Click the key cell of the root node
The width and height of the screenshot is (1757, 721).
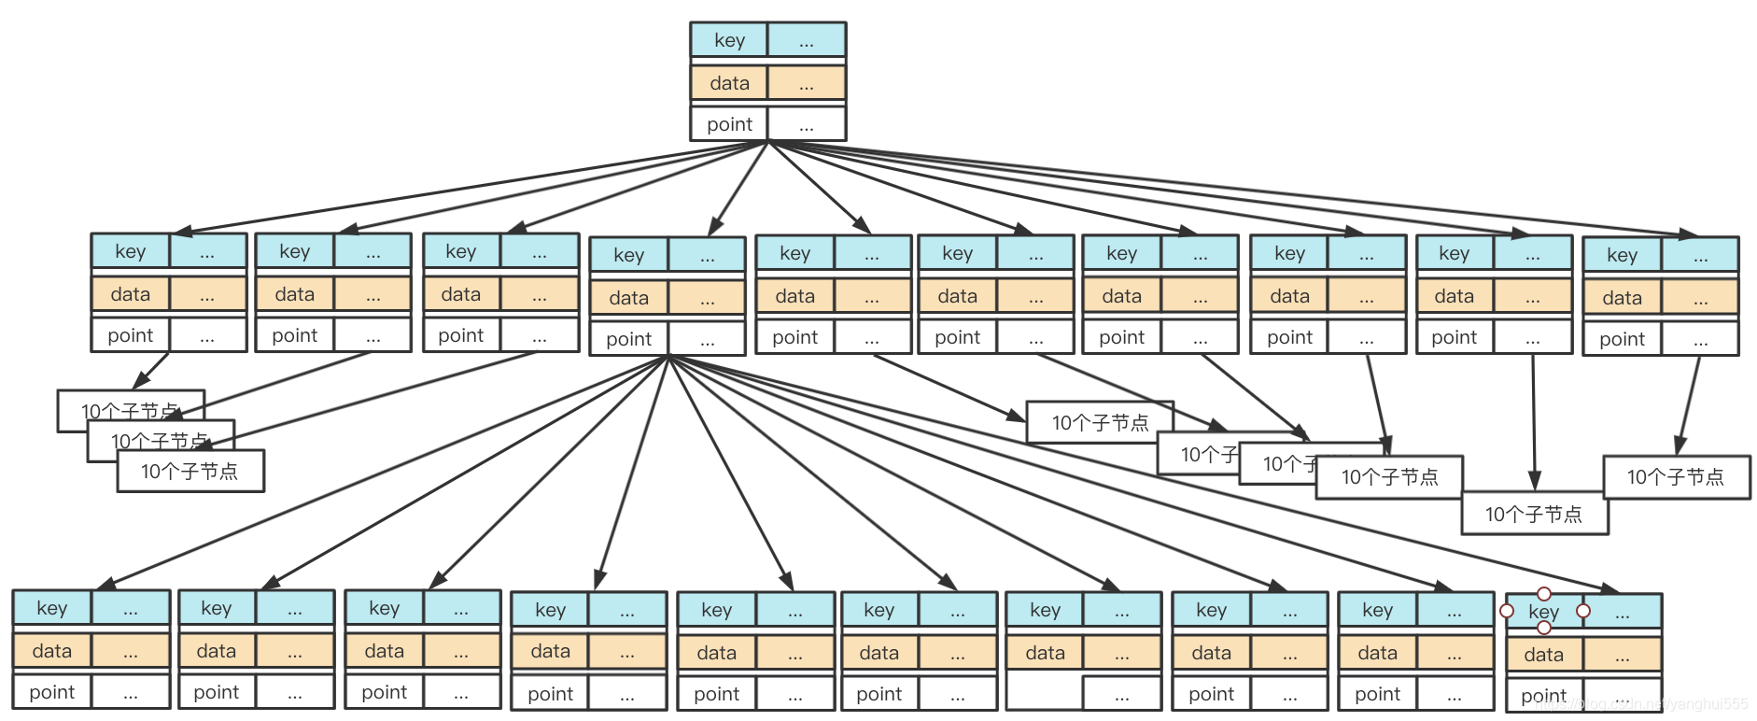729,40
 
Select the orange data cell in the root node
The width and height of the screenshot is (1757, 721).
729,83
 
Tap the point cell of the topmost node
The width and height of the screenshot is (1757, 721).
729,124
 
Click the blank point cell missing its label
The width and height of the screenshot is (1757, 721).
1045,694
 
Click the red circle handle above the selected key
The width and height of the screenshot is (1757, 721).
1544,594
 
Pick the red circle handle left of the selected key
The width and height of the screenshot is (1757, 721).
1507,611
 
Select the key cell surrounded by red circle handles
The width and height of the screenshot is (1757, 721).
1544,612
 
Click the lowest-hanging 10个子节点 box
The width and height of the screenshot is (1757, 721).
1534,515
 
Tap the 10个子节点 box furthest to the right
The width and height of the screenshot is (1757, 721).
1676,477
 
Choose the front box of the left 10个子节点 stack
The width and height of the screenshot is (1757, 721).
190,472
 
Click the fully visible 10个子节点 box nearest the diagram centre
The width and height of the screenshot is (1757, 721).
1100,423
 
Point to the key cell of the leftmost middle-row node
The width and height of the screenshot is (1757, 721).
131,251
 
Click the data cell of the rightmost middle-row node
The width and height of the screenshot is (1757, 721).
1622,298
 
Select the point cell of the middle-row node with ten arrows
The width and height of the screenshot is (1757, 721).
628,339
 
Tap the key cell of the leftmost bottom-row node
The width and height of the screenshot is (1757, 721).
52,608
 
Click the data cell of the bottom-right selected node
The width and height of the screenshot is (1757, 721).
1544,655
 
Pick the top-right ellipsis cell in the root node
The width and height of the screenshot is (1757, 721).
807,40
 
